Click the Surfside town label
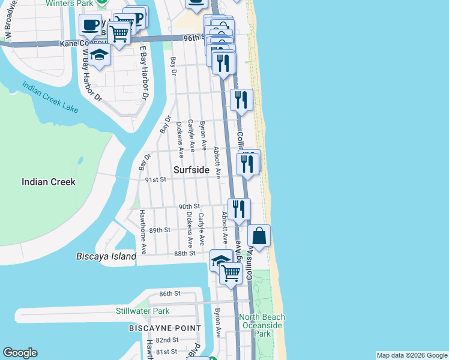point(191,170)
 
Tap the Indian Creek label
point(49,182)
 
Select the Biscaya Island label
point(106,256)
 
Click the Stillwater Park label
point(143,311)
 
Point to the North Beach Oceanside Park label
point(260,325)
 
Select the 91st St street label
point(155,179)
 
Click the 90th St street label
point(189,206)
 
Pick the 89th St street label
point(160,230)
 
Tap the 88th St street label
point(185,253)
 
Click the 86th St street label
point(170,293)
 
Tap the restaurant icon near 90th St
point(239,209)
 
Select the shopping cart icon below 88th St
point(231,273)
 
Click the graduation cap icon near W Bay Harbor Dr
point(100,56)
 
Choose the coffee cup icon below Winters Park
point(90,25)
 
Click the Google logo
point(20,353)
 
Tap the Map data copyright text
point(412,355)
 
